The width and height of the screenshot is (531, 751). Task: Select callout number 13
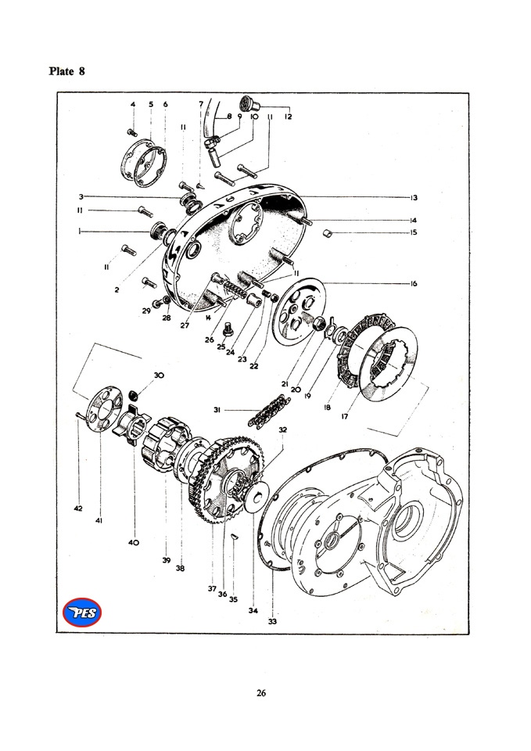413,197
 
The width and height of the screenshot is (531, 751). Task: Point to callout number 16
413,284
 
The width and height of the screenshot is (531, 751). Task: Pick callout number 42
78,509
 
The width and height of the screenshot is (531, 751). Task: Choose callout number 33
272,622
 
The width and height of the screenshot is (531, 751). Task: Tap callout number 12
289,116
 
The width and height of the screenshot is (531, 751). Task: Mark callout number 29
146,311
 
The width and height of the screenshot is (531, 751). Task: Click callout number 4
133,104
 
